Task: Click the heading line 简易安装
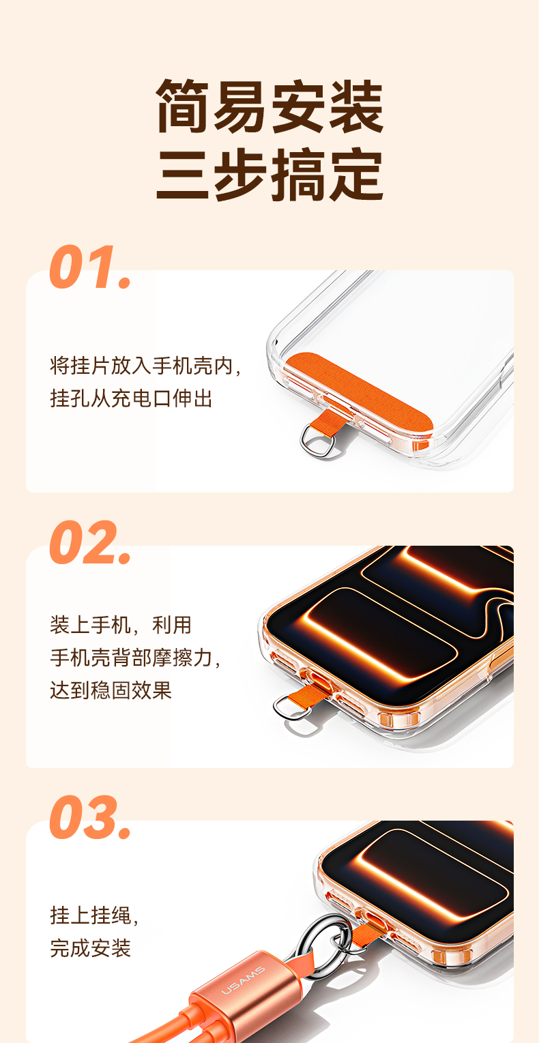point(269,106)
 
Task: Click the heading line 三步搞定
point(269,175)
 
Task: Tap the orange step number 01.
point(90,267)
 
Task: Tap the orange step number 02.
point(90,542)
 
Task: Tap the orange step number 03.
point(90,817)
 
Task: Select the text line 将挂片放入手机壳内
point(142,366)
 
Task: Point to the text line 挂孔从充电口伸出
point(132,398)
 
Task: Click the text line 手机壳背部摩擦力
point(132,658)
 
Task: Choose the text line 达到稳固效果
point(111,690)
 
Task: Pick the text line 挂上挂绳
point(90,915)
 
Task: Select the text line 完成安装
point(90,948)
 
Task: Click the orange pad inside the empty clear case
point(360,395)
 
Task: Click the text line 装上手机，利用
point(121,624)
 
